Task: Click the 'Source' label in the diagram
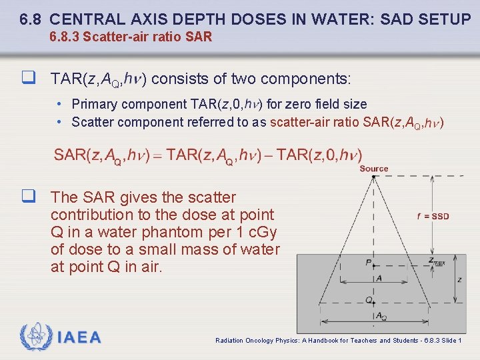pyautogui.click(x=373, y=169)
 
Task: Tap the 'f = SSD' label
pyautogui.click(x=432, y=216)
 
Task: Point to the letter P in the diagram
pyautogui.click(x=368, y=263)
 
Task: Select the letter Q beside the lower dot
pyautogui.click(x=368, y=300)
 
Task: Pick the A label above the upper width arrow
pyautogui.click(x=379, y=279)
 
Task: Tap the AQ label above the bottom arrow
pyautogui.click(x=381, y=316)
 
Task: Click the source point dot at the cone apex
pyautogui.click(x=373, y=176)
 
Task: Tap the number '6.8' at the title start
pyautogui.click(x=31, y=19)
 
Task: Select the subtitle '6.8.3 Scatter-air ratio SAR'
pyautogui.click(x=131, y=37)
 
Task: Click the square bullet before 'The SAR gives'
pyautogui.click(x=27, y=197)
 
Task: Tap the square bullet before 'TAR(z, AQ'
pyautogui.click(x=27, y=79)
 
